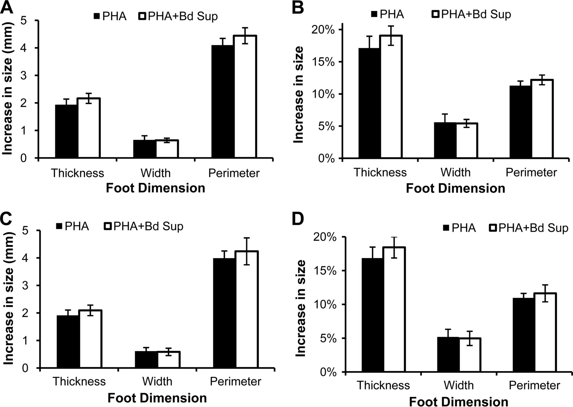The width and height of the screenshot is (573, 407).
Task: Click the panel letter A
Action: (x=7, y=7)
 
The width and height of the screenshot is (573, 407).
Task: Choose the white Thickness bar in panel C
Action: (x=90, y=339)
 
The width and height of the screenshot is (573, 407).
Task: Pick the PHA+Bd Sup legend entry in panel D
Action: (x=528, y=228)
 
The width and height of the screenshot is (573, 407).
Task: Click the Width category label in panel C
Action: (x=157, y=381)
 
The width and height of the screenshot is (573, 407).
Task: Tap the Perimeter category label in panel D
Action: (x=534, y=385)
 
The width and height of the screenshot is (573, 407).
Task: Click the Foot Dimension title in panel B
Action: (x=455, y=189)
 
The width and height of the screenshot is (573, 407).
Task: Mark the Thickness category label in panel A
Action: (x=77, y=173)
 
